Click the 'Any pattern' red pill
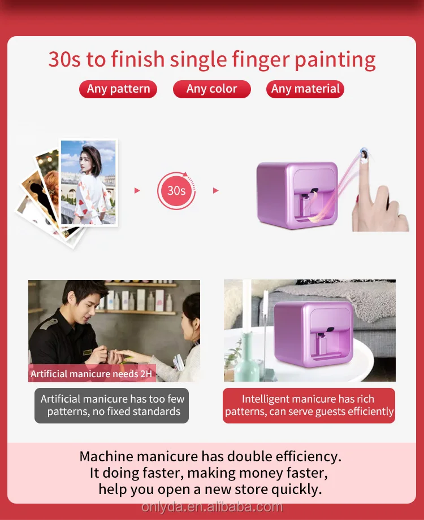[x=118, y=89]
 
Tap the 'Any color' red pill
[x=211, y=89]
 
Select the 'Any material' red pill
[x=305, y=89]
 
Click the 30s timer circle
[x=176, y=191]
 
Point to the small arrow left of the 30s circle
[x=137, y=191]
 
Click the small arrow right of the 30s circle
[x=215, y=191]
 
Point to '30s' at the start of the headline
[x=64, y=59]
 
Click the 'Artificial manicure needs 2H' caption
[x=92, y=374]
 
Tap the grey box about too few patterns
[x=112, y=405]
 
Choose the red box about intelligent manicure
[x=309, y=405]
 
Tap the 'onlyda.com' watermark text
[x=212, y=506]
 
